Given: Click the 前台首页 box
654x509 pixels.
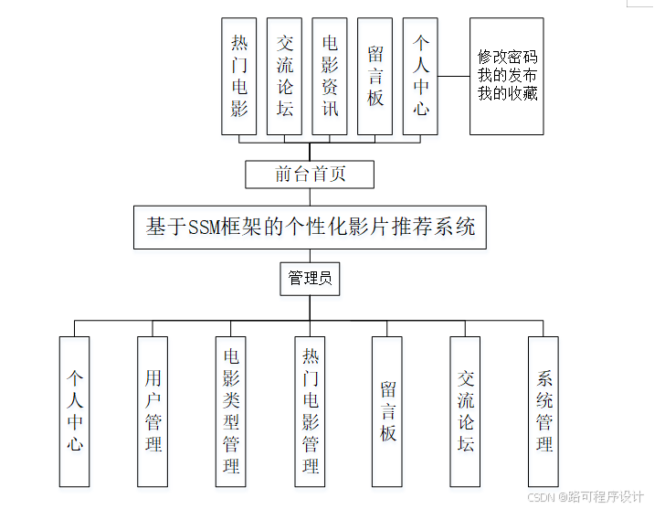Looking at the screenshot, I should click(310, 174).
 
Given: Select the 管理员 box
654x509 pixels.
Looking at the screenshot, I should click(310, 278).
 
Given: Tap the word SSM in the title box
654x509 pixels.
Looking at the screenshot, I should click(206, 227).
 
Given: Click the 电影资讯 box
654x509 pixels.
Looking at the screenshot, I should click(330, 76).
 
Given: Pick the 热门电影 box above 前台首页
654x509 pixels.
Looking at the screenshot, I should click(239, 76).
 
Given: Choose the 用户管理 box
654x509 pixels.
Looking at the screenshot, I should click(153, 411).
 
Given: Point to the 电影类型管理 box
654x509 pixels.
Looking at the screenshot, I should click(231, 411).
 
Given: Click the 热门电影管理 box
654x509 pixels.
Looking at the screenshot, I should click(310, 411).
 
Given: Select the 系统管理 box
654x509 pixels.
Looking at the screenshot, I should click(543, 411).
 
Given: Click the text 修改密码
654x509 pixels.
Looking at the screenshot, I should click(507, 57).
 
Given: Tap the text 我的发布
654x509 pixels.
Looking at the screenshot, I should click(507, 75).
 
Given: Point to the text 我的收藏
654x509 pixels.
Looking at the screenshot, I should click(507, 93).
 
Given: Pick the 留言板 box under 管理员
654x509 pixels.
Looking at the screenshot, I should click(387, 411).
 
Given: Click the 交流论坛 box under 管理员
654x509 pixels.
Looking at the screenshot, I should click(466, 411).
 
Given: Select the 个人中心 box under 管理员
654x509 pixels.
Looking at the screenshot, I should click(74, 411).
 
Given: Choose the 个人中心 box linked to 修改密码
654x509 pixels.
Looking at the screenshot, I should click(420, 76).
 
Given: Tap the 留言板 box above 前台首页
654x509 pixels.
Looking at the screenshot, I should click(375, 76).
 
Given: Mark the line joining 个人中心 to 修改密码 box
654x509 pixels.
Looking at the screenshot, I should click(454, 76).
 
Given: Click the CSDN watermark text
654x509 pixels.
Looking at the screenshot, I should click(543, 496).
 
